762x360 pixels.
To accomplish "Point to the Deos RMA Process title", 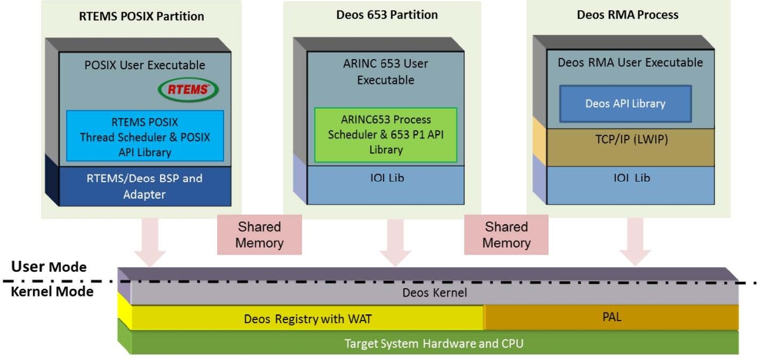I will [x=627, y=15].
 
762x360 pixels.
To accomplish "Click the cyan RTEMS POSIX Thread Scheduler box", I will [x=145, y=136].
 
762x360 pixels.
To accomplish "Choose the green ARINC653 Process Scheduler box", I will [x=385, y=135].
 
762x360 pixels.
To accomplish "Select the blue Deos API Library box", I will [x=625, y=103].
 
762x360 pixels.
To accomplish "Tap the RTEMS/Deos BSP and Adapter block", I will [x=144, y=186].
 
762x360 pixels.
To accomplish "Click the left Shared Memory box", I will [x=259, y=234].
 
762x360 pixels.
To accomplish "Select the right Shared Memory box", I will [x=506, y=234].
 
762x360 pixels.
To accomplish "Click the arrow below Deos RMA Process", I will [x=635, y=241].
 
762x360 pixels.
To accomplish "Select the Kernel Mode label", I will [x=52, y=291].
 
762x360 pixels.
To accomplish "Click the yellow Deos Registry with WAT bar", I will [x=307, y=318].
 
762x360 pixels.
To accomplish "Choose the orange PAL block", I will [x=611, y=317].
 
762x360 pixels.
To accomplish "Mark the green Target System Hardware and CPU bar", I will [x=434, y=343].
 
